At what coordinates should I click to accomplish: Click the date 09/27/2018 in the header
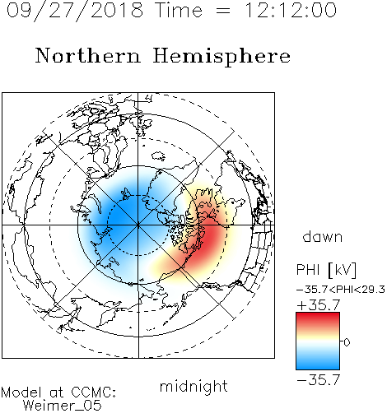75,11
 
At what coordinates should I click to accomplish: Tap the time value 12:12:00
291,10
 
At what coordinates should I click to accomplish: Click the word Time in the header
179,10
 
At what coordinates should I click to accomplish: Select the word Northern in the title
88,56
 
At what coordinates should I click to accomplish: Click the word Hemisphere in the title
221,57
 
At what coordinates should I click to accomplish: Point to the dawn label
323,236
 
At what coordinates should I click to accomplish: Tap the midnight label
193,386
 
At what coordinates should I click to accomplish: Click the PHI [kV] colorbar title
326,270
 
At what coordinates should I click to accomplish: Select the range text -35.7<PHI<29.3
341,290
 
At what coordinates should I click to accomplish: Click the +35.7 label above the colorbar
319,305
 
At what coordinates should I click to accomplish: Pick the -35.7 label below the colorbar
319,380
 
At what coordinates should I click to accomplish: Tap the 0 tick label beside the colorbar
347,342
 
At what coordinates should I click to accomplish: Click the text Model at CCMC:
58,392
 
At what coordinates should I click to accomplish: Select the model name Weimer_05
63,406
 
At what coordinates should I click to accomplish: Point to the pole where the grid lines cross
138,225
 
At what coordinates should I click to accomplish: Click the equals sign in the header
223,11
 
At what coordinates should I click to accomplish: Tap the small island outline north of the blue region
159,156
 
